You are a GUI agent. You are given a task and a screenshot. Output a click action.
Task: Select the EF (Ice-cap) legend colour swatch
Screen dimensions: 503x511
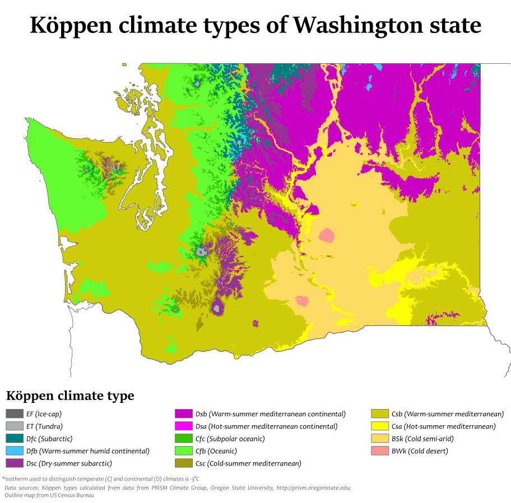click(14, 414)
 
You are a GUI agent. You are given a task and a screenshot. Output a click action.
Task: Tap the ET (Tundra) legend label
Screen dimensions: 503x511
click(48, 426)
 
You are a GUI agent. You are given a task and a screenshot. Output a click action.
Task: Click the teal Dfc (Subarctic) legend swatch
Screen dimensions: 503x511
click(14, 439)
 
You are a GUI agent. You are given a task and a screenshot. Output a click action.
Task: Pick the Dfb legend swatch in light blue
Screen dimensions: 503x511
click(14, 451)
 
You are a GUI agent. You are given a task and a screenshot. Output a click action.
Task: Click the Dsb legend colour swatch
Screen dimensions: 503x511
click(184, 414)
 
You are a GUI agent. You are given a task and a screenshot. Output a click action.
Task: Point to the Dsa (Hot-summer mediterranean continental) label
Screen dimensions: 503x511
click(266, 426)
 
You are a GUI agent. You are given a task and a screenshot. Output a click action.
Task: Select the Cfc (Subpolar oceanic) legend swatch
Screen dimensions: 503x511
click(184, 439)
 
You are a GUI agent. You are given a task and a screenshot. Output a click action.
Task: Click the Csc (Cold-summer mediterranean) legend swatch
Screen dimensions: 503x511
click(184, 463)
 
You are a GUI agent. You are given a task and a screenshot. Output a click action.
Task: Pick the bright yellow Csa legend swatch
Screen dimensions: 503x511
click(379, 426)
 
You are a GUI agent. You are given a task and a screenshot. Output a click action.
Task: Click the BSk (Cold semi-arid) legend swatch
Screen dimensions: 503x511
click(379, 439)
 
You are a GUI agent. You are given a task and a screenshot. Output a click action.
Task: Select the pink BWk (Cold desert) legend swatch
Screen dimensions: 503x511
click(379, 451)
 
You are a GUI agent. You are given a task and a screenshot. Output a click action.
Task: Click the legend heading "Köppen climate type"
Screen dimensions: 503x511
click(70, 396)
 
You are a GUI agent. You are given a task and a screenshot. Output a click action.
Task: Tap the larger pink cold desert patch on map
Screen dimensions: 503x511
click(326, 235)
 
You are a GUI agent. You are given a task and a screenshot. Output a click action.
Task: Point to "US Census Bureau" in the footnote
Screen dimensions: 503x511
click(67, 495)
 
